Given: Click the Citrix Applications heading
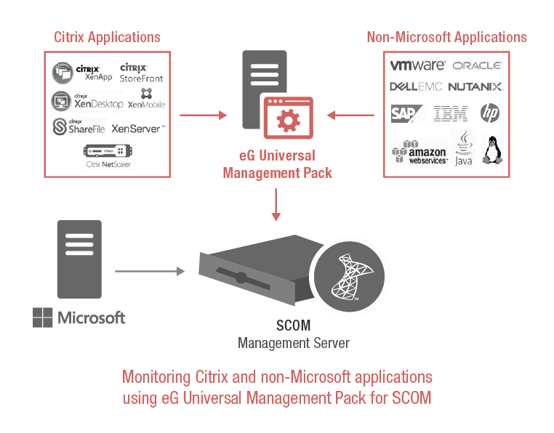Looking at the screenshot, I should point(107,37).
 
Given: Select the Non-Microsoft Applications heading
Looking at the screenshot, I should point(446,37).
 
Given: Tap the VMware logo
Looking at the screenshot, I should point(417,65).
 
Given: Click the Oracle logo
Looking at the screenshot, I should point(477,65).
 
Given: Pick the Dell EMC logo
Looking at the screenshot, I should point(417,87).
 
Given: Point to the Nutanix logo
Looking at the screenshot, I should point(475,87).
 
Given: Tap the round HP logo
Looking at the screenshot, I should point(490,113).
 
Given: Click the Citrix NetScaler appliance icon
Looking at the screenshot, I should point(109,152).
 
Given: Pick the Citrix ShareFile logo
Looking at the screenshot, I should point(79,128).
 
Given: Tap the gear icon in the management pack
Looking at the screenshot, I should point(289,118).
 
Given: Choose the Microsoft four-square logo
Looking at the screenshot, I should point(43,317).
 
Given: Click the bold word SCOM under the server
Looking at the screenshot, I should point(293,326).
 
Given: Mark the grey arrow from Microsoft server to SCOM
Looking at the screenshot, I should point(149,272).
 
